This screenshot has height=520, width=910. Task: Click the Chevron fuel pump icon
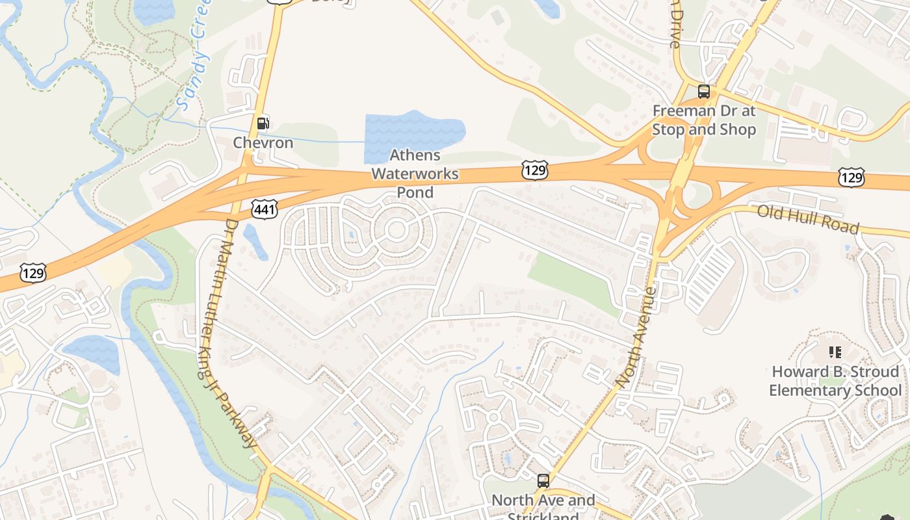point(263,123)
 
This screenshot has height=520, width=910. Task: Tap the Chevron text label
point(263,142)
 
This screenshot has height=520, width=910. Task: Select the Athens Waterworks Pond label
point(415,174)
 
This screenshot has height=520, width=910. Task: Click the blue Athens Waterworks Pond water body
point(409,133)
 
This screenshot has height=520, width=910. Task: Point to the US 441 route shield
point(265,209)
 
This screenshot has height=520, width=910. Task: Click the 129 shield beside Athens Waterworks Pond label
point(534,171)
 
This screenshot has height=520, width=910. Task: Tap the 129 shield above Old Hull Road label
point(851,177)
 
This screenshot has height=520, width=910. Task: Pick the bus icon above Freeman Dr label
point(704,92)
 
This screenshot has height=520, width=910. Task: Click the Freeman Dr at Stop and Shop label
point(705,120)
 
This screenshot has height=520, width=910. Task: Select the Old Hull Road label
point(809,219)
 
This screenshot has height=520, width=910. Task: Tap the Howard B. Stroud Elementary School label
point(835,381)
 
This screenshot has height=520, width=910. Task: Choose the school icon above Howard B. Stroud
point(835,352)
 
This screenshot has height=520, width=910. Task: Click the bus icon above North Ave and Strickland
point(543,481)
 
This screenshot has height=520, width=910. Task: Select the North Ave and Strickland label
point(543,506)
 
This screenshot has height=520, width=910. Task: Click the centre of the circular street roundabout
point(396,229)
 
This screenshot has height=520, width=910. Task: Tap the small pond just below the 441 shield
point(254,241)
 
